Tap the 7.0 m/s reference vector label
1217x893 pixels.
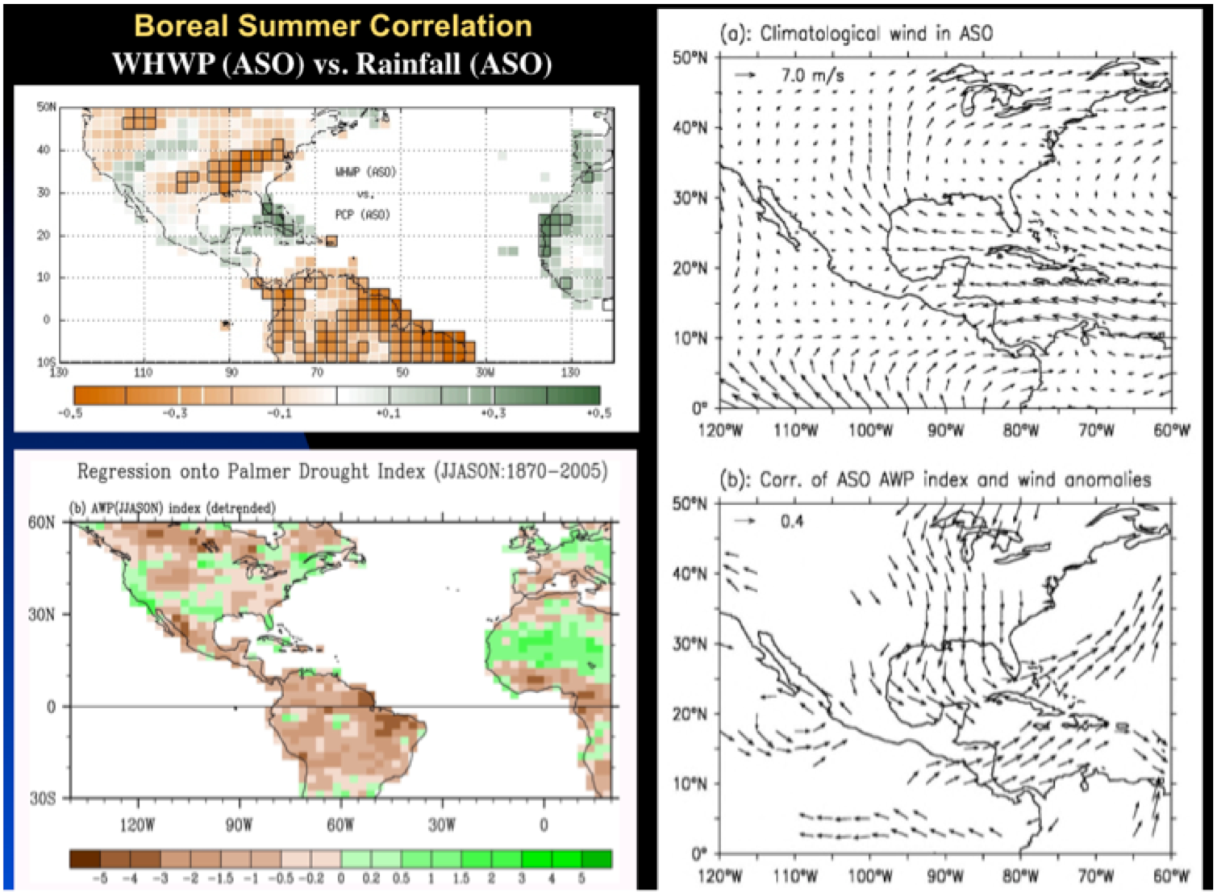(x=812, y=76)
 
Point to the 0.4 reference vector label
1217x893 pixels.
(x=792, y=521)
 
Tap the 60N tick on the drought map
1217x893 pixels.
(x=43, y=523)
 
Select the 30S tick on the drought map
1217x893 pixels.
(x=43, y=799)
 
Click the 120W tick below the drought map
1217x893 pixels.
(x=137, y=825)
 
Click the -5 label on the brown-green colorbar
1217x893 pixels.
(x=100, y=878)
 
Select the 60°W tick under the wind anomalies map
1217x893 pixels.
(x=1171, y=875)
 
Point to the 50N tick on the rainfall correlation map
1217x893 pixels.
(x=46, y=107)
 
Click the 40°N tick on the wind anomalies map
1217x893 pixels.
(x=691, y=574)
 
